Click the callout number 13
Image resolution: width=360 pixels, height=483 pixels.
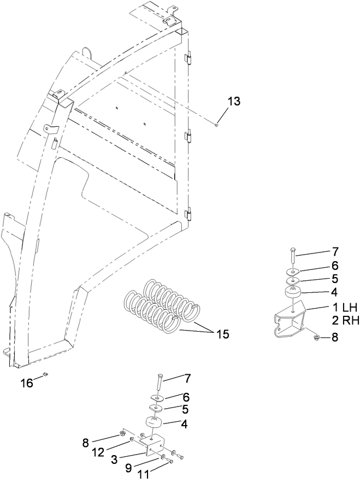(x=233, y=102)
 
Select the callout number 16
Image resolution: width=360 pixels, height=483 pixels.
(x=27, y=384)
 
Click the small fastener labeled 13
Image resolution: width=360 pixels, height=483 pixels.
(x=217, y=125)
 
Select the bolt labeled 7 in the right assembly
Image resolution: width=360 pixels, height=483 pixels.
(x=293, y=257)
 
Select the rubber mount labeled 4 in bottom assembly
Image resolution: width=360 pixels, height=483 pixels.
(x=153, y=423)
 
